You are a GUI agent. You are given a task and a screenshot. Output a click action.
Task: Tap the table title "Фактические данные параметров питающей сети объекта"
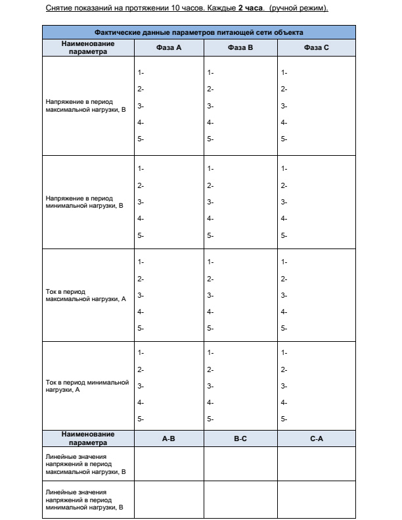coord(199,31)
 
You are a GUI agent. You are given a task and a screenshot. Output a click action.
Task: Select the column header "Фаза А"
coord(169,47)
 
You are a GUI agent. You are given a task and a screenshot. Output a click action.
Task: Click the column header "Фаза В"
coord(240,47)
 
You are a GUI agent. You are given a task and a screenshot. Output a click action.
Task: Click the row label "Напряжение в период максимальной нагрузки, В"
coord(79,106)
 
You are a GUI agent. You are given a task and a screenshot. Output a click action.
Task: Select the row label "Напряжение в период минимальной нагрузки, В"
coord(79,201)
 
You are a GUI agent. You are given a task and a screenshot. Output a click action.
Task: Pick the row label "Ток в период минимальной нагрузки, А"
coord(86,386)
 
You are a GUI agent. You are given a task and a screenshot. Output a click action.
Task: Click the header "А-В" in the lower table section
coord(168,438)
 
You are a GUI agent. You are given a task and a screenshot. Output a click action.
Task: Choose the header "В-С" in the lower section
coord(240,438)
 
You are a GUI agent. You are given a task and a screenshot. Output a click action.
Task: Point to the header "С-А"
coord(317,438)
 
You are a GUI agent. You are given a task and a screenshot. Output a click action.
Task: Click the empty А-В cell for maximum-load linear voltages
coord(169,463)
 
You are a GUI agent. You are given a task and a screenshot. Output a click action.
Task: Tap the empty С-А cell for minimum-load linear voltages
coord(317,500)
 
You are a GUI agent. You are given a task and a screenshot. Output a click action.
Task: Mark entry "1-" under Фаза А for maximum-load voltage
coord(141,72)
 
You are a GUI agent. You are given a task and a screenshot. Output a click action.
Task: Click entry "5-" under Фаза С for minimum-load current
coord(284,419)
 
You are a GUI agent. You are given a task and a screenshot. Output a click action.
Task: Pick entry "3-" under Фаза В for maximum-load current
coord(210,295)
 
